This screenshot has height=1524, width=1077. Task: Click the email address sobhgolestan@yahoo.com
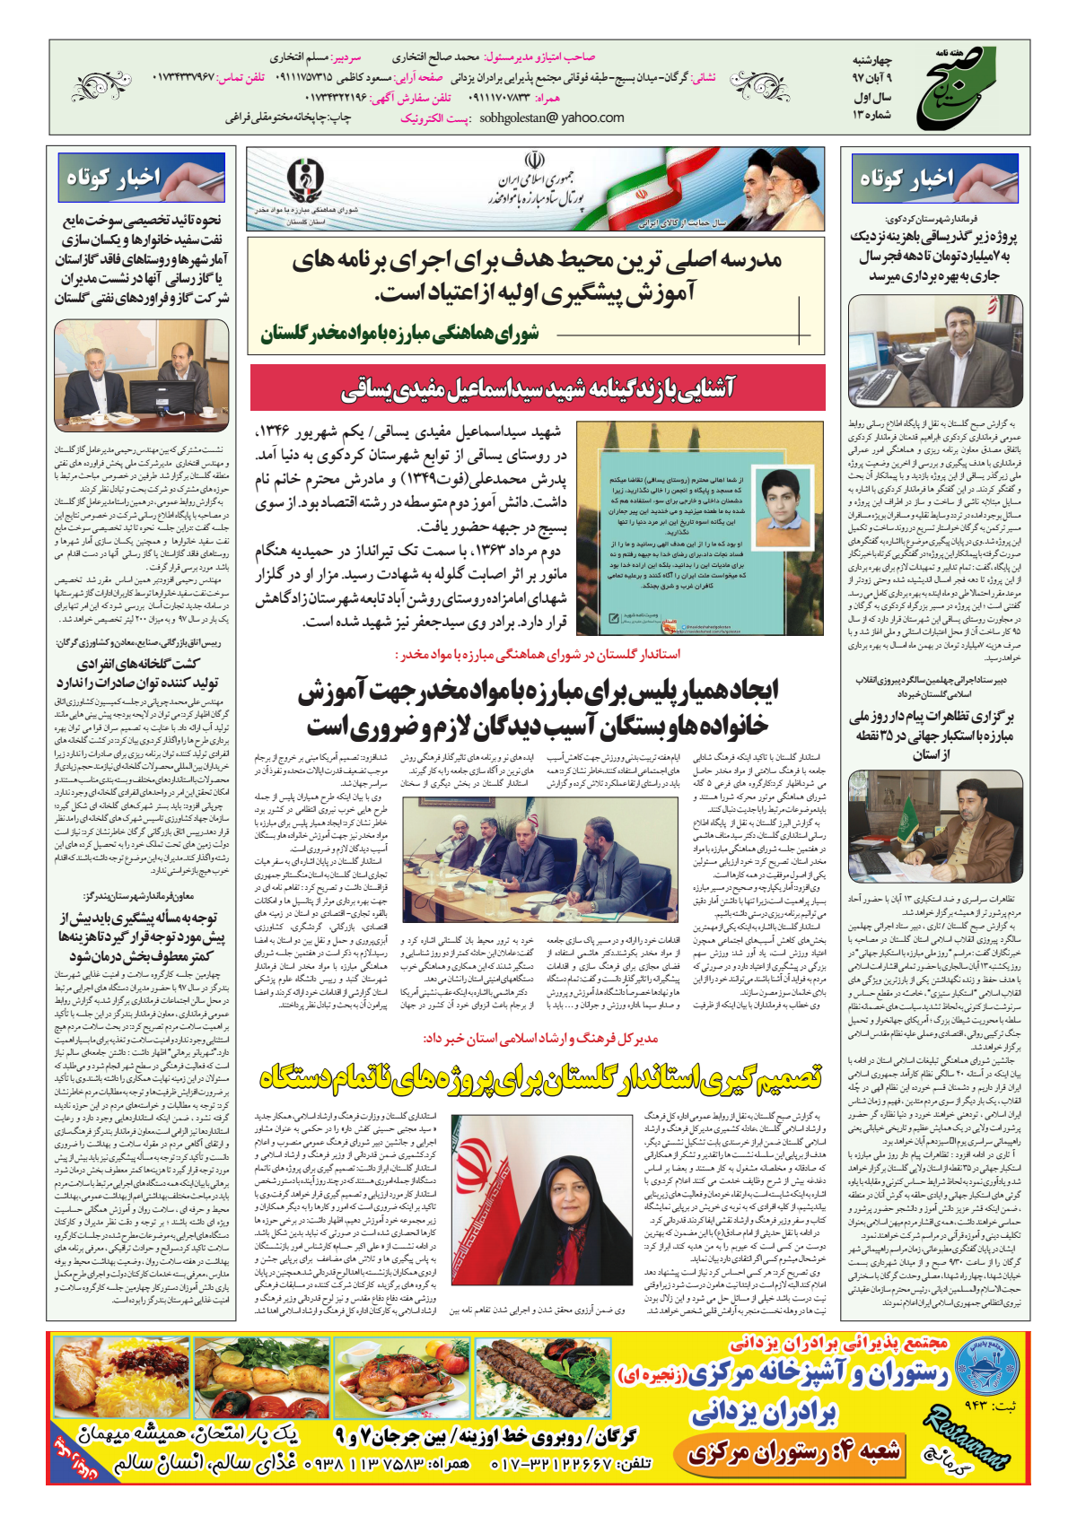click(x=552, y=118)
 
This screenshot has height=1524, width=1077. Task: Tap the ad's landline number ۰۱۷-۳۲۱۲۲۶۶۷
click(x=571, y=1463)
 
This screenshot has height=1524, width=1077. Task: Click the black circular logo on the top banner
click(x=307, y=181)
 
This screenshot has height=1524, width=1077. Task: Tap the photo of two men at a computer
click(x=142, y=375)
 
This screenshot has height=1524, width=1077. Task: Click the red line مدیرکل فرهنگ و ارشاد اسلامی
click(x=541, y=1038)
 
